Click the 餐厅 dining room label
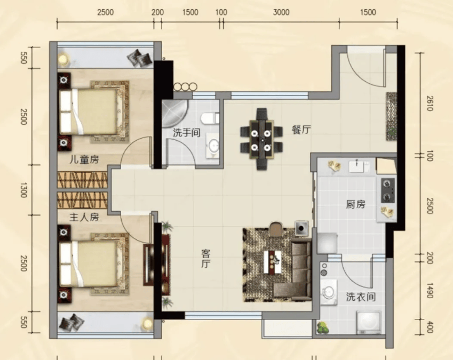[301, 130]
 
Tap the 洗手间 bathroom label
[187, 133]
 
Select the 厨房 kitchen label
[356, 204]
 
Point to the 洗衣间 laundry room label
[361, 297]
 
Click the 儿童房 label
[84, 159]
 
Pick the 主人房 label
[84, 217]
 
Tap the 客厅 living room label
[206, 259]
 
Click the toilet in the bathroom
[210, 118]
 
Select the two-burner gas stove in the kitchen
[388, 190]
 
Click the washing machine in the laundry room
[369, 322]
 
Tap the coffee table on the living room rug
[273, 262]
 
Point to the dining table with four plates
[261, 140]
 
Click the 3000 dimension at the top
[281, 12]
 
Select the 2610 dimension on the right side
[430, 103]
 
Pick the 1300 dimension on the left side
[23, 190]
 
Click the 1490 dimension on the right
[430, 291]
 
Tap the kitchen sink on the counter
[359, 166]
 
